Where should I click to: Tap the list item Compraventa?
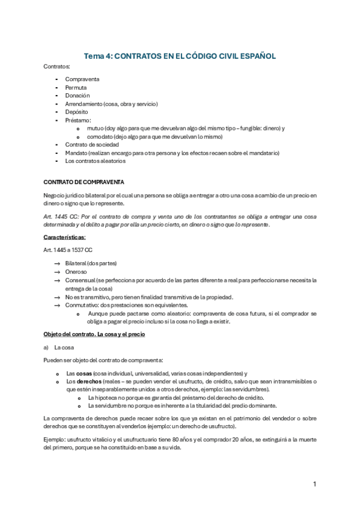point(82,79)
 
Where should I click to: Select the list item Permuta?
point(76,88)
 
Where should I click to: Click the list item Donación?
point(78,96)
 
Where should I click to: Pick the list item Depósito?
point(76,112)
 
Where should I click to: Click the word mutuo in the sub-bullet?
point(95,128)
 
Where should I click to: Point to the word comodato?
point(100,137)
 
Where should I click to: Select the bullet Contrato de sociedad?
point(91,144)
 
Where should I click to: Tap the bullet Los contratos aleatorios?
point(95,161)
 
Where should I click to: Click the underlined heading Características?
point(69,237)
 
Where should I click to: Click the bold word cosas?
point(84,373)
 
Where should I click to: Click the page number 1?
point(315,484)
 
